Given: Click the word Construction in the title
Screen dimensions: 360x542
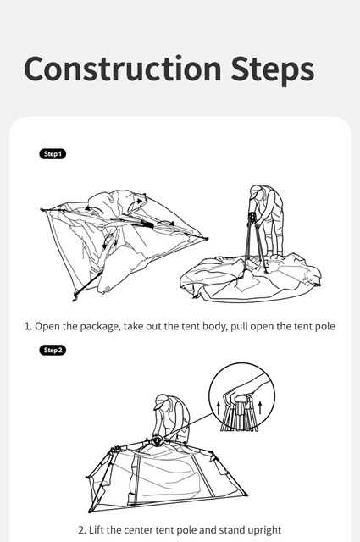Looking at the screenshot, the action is [123, 69].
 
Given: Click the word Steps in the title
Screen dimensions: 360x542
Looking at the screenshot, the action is [273, 70].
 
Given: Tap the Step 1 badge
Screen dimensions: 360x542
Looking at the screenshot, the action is [53, 154].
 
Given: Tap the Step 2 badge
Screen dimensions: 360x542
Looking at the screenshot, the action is [53, 350].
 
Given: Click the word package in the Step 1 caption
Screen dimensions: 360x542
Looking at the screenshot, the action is [99, 327].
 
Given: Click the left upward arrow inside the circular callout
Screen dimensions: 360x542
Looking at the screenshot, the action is [219, 408].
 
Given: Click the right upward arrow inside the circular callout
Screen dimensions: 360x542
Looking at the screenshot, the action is [260, 408].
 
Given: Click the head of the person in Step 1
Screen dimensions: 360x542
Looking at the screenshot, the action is [257, 192].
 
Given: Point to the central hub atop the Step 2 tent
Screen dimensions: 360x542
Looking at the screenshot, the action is [157, 440].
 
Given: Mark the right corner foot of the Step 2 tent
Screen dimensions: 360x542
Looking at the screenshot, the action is [246, 495].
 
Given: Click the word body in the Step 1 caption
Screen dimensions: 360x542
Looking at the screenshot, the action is [215, 327].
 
